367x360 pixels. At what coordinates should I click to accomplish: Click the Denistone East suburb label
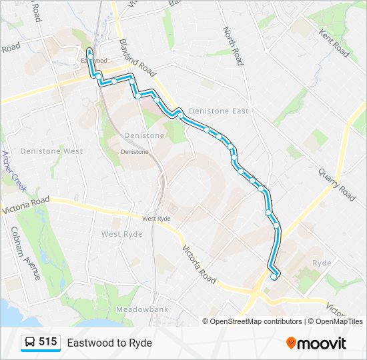click(218, 111)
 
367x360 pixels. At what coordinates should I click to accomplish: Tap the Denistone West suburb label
click(51, 151)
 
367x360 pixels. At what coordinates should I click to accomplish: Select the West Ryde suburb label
click(121, 234)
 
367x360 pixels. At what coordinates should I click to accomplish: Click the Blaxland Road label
click(137, 57)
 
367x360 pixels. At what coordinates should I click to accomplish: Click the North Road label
click(232, 45)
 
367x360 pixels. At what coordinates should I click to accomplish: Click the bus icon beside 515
click(29, 343)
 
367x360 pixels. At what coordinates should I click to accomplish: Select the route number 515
click(48, 342)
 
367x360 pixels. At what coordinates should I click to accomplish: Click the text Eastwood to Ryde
click(109, 343)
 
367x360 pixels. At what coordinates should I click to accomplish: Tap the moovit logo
click(316, 343)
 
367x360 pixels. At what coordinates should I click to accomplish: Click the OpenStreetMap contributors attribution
click(256, 321)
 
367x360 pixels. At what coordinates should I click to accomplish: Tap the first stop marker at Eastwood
click(89, 51)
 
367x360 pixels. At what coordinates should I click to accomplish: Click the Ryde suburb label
click(322, 263)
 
